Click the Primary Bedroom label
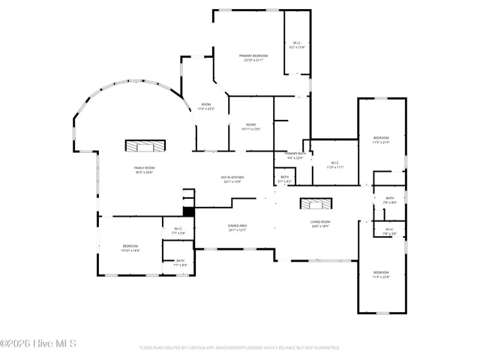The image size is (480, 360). click(x=253, y=58)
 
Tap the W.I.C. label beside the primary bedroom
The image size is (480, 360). click(x=297, y=45)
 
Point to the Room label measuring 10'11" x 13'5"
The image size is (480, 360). click(x=250, y=127)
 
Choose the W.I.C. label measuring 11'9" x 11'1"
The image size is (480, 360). click(x=334, y=165)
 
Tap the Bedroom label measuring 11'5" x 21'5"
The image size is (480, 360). click(x=382, y=139)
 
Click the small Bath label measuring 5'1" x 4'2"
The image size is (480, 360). click(x=285, y=178)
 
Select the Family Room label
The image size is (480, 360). click(x=144, y=169)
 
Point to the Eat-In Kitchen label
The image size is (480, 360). click(x=231, y=179)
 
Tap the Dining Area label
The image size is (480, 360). click(x=238, y=227)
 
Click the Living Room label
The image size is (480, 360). click(x=321, y=223)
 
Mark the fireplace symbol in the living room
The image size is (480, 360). click(x=314, y=203)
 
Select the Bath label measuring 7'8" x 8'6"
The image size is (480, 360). click(x=389, y=199)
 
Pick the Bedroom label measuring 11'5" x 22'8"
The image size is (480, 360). click(x=381, y=274)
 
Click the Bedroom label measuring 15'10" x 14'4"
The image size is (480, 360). click(x=130, y=247)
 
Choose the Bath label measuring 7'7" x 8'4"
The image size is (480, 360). click(x=180, y=262)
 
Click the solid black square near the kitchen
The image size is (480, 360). click(x=188, y=211)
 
